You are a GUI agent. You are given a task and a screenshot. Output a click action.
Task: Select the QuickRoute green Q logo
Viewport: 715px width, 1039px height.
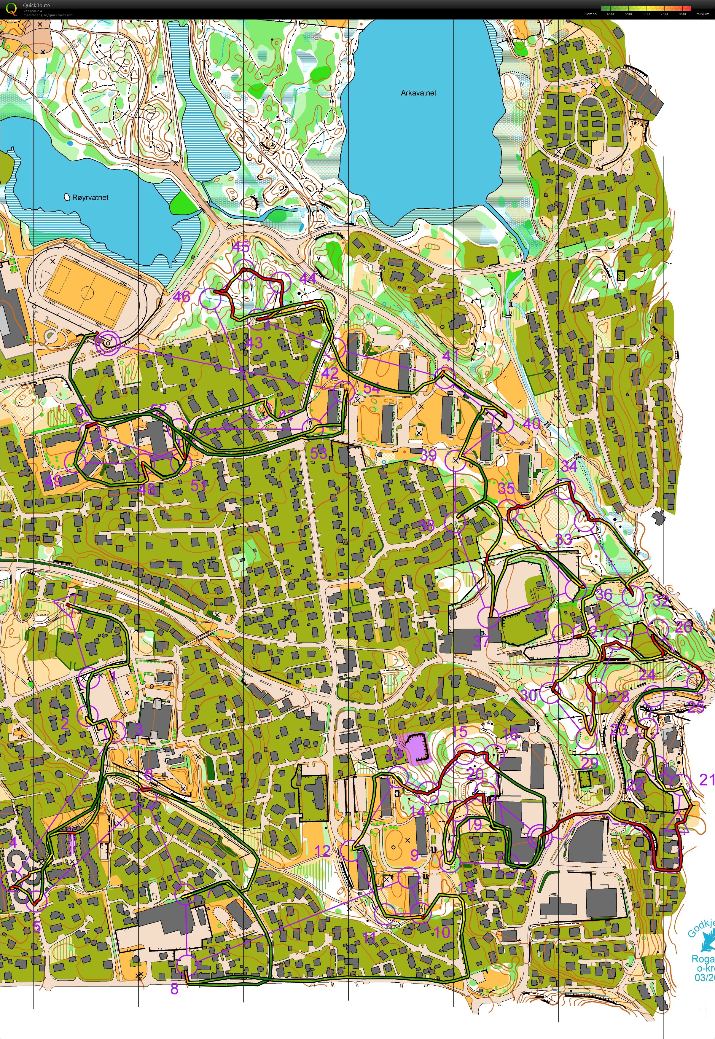11,9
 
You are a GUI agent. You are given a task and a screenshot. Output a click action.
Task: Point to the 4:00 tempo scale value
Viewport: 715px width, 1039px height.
610,14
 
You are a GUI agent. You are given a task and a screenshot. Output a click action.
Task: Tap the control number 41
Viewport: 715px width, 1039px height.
450,356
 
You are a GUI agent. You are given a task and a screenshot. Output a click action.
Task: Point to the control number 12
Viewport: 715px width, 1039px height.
323,851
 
